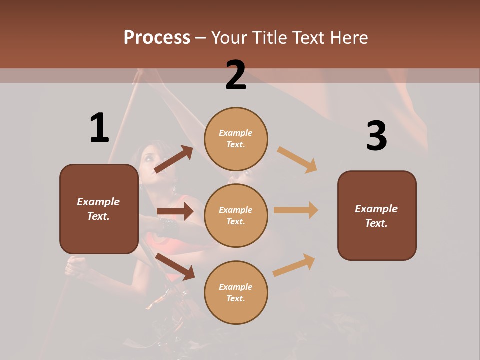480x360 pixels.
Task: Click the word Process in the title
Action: [x=157, y=38]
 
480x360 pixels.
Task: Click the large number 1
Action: [x=99, y=128]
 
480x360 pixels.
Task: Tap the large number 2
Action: [x=236, y=75]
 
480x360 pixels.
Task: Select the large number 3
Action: [x=376, y=136]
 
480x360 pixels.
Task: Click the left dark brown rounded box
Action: [x=99, y=209]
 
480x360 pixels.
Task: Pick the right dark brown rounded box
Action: [x=377, y=215]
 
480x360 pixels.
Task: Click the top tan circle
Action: [x=236, y=139]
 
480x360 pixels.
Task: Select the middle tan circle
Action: [x=236, y=215]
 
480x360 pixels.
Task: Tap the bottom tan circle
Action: [x=236, y=292]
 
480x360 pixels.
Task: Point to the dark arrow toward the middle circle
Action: [x=174, y=211]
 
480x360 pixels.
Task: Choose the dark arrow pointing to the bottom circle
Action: [x=175, y=266]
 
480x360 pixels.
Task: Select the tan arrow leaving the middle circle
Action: [x=296, y=210]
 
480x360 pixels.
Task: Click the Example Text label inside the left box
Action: [x=98, y=209]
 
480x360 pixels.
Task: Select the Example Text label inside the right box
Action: [x=376, y=216]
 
